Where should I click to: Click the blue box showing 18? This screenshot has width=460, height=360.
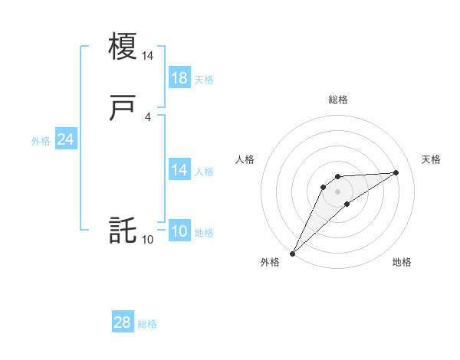(179, 78)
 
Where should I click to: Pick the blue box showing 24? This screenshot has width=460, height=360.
(66, 139)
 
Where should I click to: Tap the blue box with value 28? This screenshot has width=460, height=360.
(123, 323)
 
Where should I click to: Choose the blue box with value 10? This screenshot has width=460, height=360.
(179, 232)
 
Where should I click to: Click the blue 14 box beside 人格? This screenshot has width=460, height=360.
(179, 170)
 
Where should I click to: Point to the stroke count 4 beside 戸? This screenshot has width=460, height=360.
(148, 117)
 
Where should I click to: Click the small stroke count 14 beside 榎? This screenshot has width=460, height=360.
(148, 56)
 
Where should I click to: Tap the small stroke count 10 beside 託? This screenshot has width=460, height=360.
(148, 240)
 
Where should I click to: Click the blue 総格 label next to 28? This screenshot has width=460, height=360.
(147, 324)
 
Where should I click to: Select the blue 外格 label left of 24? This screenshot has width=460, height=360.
(41, 141)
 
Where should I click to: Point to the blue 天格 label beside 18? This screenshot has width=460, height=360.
(204, 80)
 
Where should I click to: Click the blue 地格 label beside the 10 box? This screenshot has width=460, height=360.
(204, 233)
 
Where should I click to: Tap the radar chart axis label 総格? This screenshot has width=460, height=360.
(337, 100)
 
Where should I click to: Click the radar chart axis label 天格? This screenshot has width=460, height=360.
(431, 159)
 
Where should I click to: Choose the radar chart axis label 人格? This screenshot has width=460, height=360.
(245, 159)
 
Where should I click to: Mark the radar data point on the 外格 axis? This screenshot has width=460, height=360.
(292, 253)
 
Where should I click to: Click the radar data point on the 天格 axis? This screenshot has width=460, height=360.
(396, 172)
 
